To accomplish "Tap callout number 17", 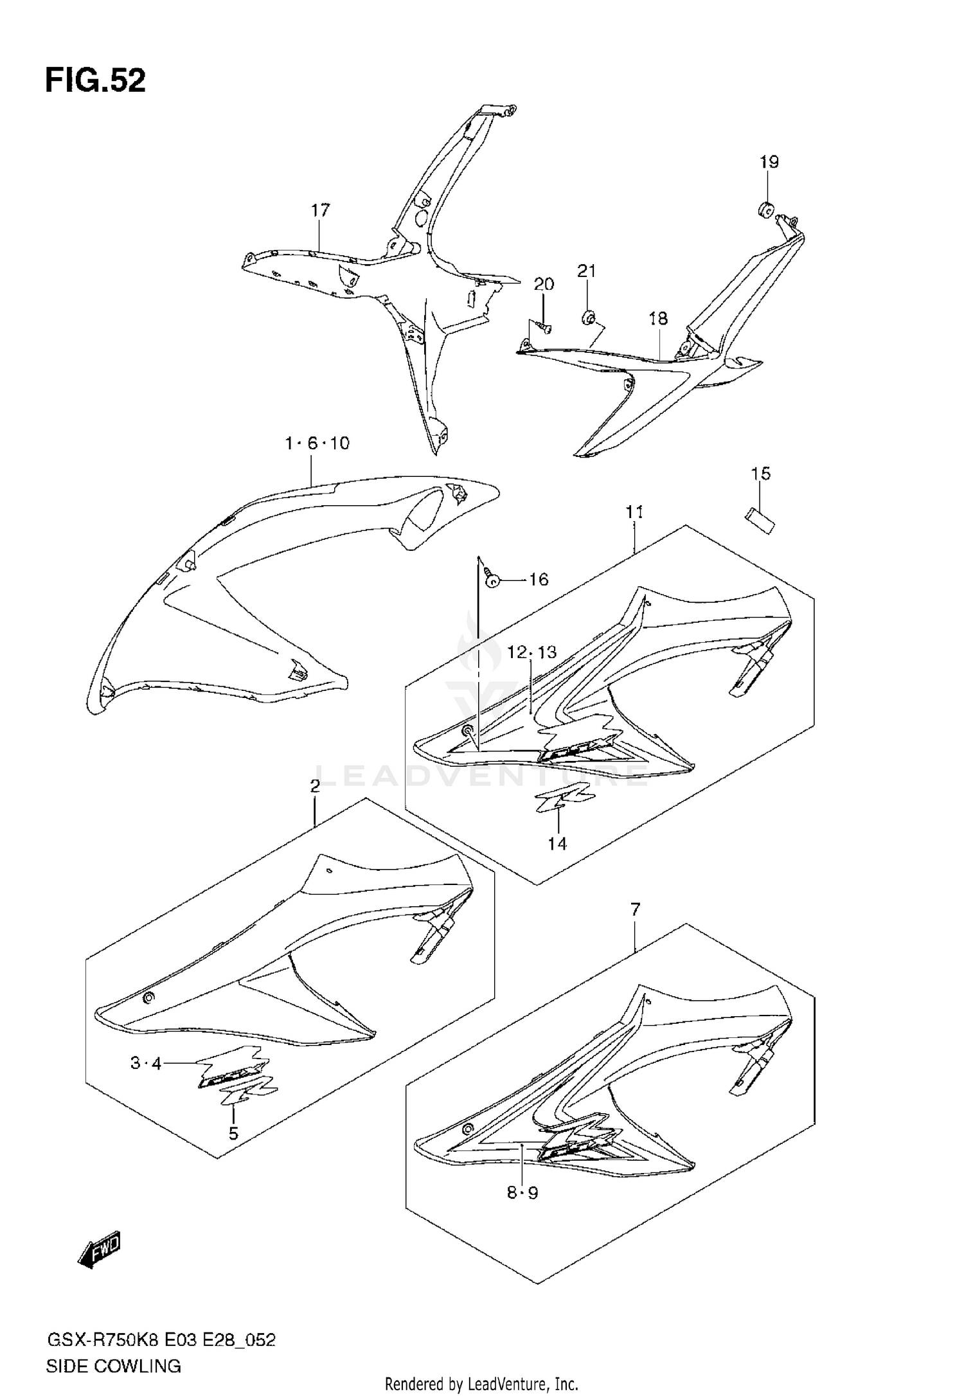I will point(320,210).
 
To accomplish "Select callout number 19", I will point(769,161).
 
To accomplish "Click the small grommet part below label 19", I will point(765,208).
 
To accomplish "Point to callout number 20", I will point(544,284).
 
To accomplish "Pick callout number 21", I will point(586,271).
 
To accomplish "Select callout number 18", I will point(658,318).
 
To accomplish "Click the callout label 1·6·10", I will point(317,443).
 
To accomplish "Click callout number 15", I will point(760,474).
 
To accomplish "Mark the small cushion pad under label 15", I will point(760,519).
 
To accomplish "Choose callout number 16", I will point(538,580).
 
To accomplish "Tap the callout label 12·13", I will point(531,652).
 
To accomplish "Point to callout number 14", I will point(557,843).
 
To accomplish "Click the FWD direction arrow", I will point(100,1250).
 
